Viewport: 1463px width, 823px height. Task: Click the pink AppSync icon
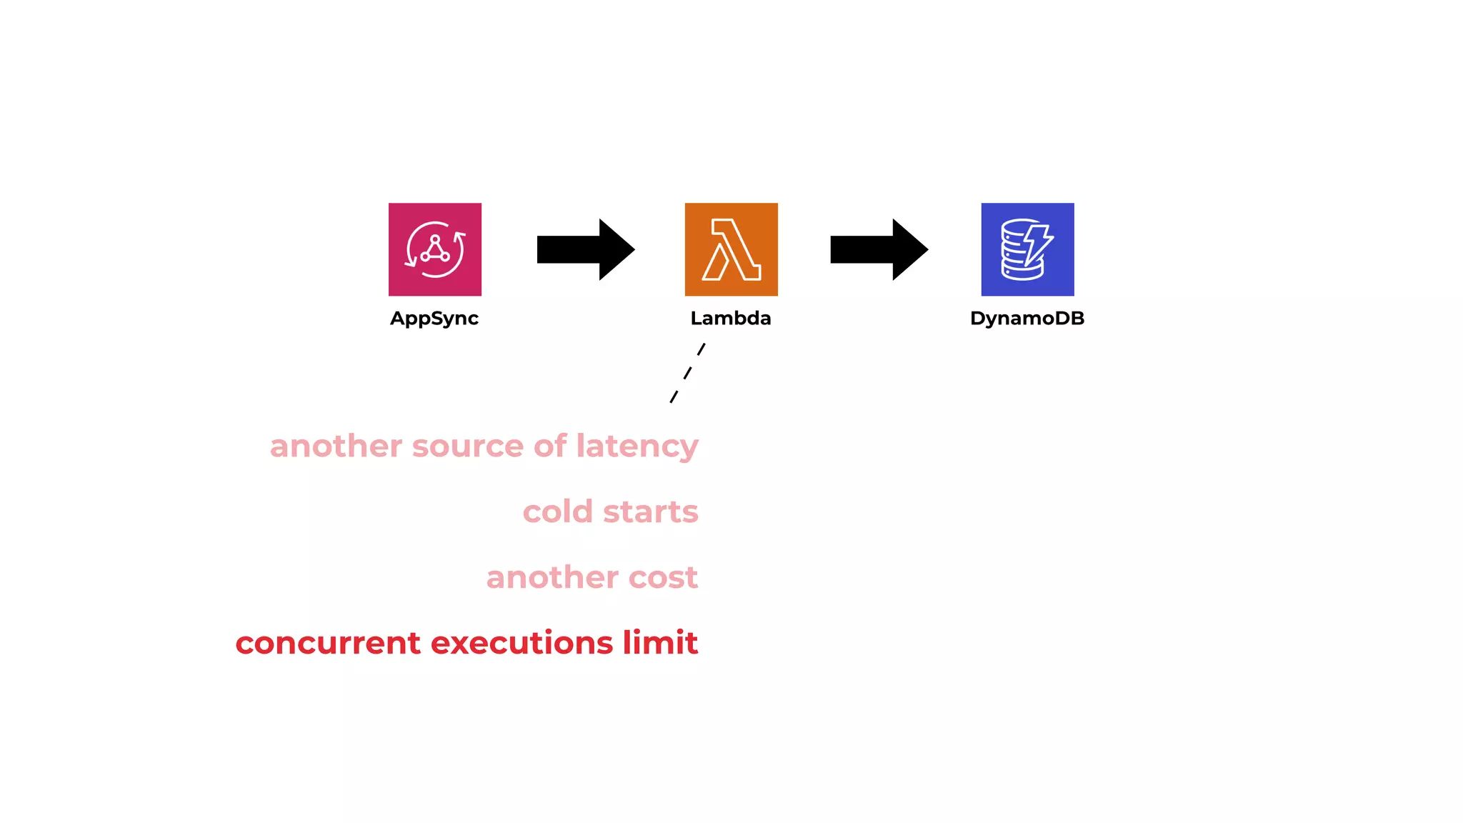pos(434,249)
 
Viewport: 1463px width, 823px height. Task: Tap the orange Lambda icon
pos(731,249)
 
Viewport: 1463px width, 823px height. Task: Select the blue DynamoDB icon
pos(1027,249)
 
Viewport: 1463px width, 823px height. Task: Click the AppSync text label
pos(434,319)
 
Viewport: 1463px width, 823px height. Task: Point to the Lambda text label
pos(731,319)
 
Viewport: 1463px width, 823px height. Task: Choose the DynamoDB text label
pos(1027,319)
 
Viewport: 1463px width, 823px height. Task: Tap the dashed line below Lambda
pos(687,373)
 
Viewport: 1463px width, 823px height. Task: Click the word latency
pos(637,447)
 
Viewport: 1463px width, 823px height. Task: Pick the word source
pos(467,447)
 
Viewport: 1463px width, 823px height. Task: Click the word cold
pos(558,512)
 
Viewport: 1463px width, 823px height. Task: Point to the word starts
pos(650,512)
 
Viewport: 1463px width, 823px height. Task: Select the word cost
pos(663,577)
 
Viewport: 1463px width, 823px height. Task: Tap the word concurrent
pos(328,643)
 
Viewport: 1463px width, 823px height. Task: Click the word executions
pos(521,643)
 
